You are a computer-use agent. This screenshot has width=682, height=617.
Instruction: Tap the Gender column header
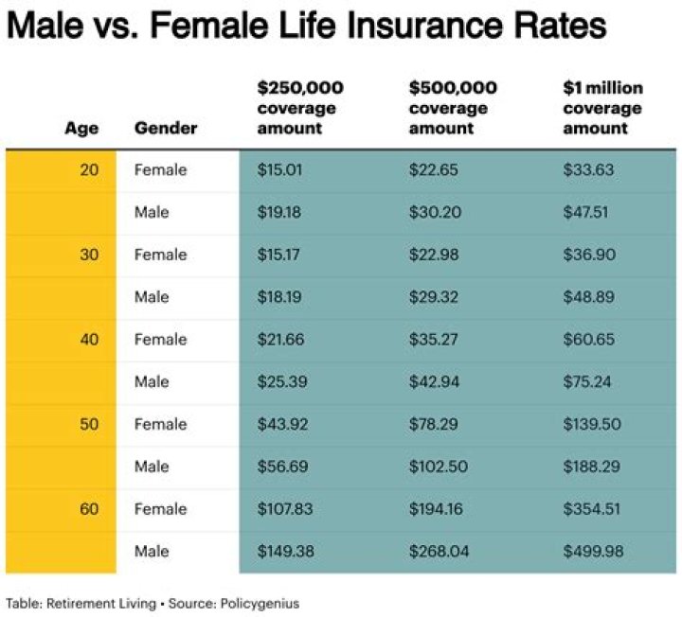[x=166, y=127]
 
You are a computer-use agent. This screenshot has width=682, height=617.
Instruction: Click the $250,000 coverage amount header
[x=300, y=108]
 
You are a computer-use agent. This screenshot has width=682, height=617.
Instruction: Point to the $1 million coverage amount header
[x=602, y=108]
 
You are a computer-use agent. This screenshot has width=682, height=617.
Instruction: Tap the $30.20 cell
[x=435, y=212]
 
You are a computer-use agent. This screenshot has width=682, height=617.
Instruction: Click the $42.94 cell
[x=435, y=381]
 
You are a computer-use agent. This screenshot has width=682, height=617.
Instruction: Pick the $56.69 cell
[x=281, y=467]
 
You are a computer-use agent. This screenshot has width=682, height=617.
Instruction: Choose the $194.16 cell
[x=439, y=509]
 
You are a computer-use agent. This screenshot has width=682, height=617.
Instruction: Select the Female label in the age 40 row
[x=160, y=340]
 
